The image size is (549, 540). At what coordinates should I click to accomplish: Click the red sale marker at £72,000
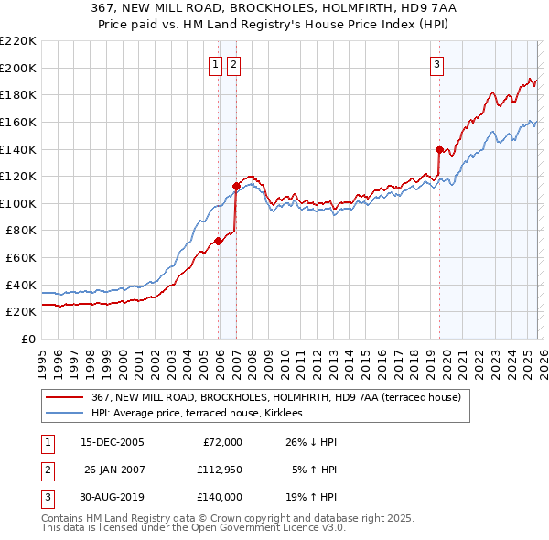[x=218, y=242]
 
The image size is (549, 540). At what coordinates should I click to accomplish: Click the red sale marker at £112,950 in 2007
[x=236, y=186]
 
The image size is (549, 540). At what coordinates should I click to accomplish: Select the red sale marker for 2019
[x=439, y=149]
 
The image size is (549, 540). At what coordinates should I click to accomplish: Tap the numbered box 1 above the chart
[x=215, y=64]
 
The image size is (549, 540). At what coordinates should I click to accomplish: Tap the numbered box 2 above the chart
[x=233, y=64]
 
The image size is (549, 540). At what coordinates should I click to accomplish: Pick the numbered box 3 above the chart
[x=436, y=64]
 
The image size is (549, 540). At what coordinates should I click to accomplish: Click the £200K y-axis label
[x=18, y=68]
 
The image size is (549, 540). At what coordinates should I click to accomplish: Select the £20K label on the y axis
[x=21, y=312]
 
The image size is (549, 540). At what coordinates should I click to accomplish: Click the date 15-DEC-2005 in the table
[x=113, y=442]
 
